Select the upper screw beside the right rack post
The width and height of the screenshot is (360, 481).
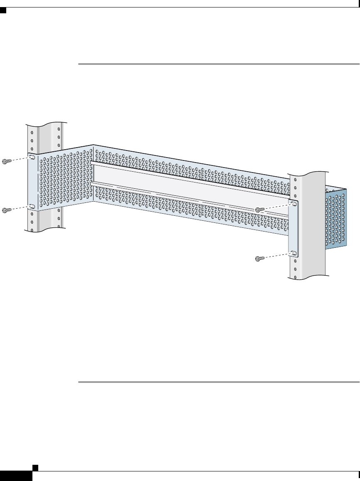click(x=261, y=209)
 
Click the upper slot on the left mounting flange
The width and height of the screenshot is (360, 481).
click(x=32, y=157)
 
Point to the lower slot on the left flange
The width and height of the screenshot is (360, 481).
click(x=32, y=206)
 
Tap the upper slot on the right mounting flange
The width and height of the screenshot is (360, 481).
click(x=293, y=204)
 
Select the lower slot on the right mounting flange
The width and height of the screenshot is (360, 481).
click(x=293, y=253)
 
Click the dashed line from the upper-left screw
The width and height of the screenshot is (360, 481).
click(x=21, y=159)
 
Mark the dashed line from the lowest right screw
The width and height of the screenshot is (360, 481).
click(x=276, y=256)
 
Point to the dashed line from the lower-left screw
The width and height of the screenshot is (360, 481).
click(x=21, y=208)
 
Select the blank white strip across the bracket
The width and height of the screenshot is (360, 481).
click(x=187, y=183)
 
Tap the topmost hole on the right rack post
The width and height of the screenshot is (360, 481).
click(x=295, y=180)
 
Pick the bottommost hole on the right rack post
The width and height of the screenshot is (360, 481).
click(x=295, y=276)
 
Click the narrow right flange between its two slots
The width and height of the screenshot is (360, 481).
click(x=293, y=229)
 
